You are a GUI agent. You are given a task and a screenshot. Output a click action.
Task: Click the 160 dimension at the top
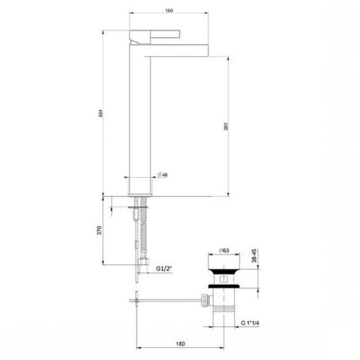tap(169, 10)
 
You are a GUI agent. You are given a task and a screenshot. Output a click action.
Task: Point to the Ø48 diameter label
tap(163, 175)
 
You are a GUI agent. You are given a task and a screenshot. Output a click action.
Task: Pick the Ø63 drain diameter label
tap(224, 251)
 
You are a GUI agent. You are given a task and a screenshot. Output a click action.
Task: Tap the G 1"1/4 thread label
tap(251, 323)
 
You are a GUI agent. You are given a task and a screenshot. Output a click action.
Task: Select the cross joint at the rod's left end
tap(135, 299)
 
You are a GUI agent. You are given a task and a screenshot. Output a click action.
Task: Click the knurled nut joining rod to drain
tap(202, 299)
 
